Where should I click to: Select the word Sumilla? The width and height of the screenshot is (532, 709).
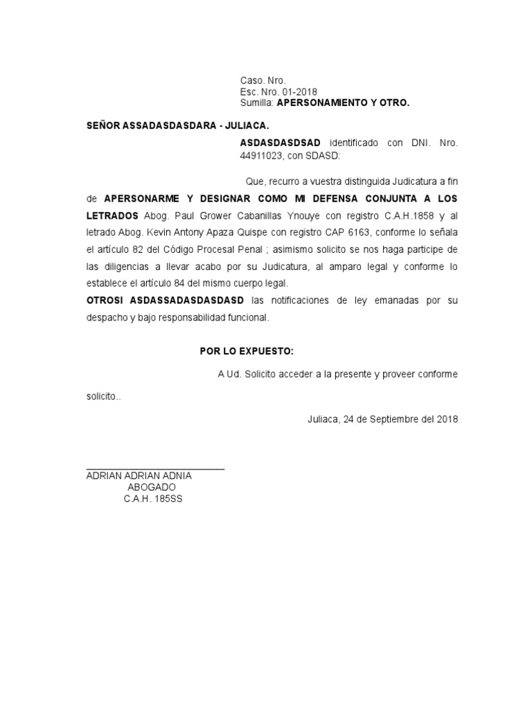click(x=256, y=102)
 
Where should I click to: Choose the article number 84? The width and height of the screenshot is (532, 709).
click(x=181, y=283)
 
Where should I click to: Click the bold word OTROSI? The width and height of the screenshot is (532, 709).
click(x=105, y=300)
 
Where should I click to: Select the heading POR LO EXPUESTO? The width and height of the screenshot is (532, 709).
click(x=242, y=351)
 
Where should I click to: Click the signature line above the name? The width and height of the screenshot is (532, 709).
click(x=155, y=469)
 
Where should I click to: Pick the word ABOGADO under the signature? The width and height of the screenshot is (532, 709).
click(x=152, y=487)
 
